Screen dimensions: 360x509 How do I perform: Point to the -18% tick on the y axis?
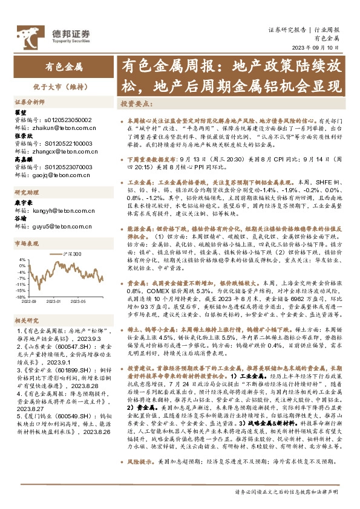click(x=21, y=297)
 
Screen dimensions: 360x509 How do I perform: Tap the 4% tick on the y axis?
click(x=22, y=259)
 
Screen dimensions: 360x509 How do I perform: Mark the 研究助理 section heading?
click(x=27, y=192)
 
